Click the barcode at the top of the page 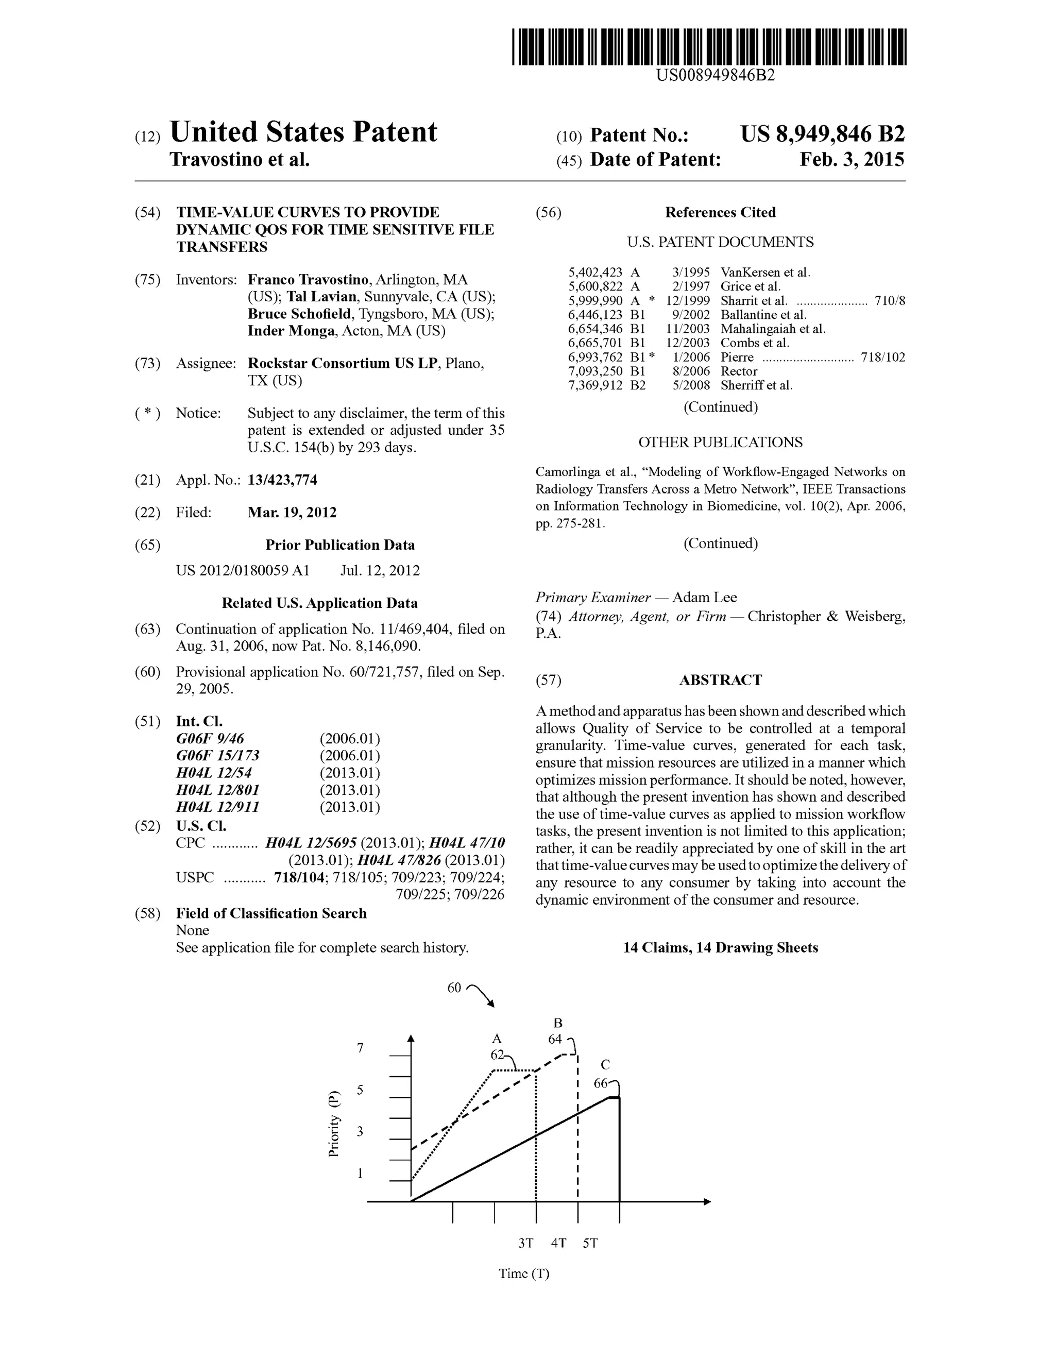coord(709,47)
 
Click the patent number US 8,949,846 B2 coord(822,134)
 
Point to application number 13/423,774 coord(282,480)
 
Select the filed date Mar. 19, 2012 coord(292,513)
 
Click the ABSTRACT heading coord(720,680)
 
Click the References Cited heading coord(720,212)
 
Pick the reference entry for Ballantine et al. coord(763,314)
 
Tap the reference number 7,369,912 coord(595,385)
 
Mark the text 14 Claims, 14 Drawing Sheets coord(720,948)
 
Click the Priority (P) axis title coord(334,1124)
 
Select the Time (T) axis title coord(524,1273)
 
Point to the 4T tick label coord(558,1243)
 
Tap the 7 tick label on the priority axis coord(360,1048)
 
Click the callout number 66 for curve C coord(600,1083)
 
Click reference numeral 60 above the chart coord(454,988)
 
